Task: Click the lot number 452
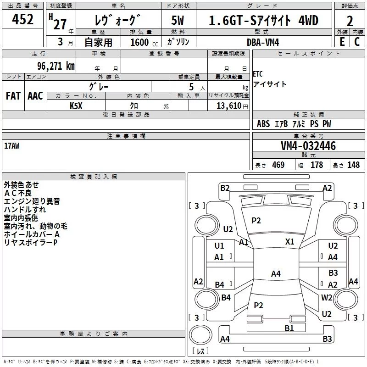pyautogui.click(x=22, y=19)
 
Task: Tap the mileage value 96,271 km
pyautogui.click(x=56, y=66)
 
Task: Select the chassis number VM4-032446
pyautogui.click(x=308, y=146)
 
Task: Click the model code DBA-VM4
pyautogui.click(x=263, y=42)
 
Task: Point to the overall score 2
pyautogui.click(x=350, y=21)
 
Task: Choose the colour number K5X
pyautogui.click(x=76, y=106)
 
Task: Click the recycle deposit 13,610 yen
pyautogui.click(x=232, y=106)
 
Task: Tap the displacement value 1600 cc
pyautogui.click(x=144, y=42)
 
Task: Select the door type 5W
pyautogui.click(x=178, y=20)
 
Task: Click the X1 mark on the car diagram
pyautogui.click(x=289, y=242)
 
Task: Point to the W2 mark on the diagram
pyautogui.click(x=327, y=297)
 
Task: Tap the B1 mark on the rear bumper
pyautogui.click(x=289, y=328)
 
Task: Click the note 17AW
pyautogui.click(x=12, y=146)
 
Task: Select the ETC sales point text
pyautogui.click(x=258, y=74)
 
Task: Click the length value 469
pyautogui.click(x=278, y=165)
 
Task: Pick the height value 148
pyautogui.click(x=353, y=165)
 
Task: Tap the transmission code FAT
pyautogui.click(x=13, y=96)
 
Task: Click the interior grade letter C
pyautogui.click(x=357, y=42)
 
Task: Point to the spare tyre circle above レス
pyautogui.click(x=200, y=335)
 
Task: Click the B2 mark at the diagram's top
pyautogui.click(x=225, y=188)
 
